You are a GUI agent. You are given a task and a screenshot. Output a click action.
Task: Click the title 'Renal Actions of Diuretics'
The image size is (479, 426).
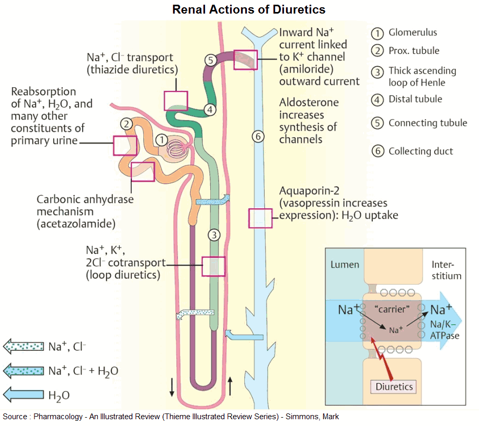[249, 10]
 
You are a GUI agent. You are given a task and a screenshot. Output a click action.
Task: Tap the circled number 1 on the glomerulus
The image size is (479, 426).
[162, 140]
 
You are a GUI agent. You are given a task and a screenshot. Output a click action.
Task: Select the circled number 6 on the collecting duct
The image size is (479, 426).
[257, 136]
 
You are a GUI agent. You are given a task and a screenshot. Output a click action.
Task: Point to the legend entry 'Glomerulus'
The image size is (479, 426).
[412, 32]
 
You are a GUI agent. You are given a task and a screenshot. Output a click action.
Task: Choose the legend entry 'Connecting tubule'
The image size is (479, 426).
[427, 123]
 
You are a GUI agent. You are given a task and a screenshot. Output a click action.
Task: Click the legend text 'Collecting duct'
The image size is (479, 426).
[420, 151]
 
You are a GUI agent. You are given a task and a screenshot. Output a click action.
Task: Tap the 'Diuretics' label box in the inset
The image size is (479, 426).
[395, 387]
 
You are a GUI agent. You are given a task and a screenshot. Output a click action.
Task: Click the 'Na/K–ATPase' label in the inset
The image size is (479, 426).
[445, 330]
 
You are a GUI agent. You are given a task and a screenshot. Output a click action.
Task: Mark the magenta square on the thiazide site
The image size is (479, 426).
[176, 100]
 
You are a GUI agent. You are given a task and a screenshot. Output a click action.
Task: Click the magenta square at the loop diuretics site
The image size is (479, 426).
[213, 266]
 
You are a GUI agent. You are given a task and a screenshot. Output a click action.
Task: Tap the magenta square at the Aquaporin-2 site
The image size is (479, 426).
[260, 218]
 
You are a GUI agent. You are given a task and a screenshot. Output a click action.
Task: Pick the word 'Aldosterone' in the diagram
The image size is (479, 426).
[309, 102]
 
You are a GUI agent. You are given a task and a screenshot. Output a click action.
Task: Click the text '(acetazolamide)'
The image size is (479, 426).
[76, 223]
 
